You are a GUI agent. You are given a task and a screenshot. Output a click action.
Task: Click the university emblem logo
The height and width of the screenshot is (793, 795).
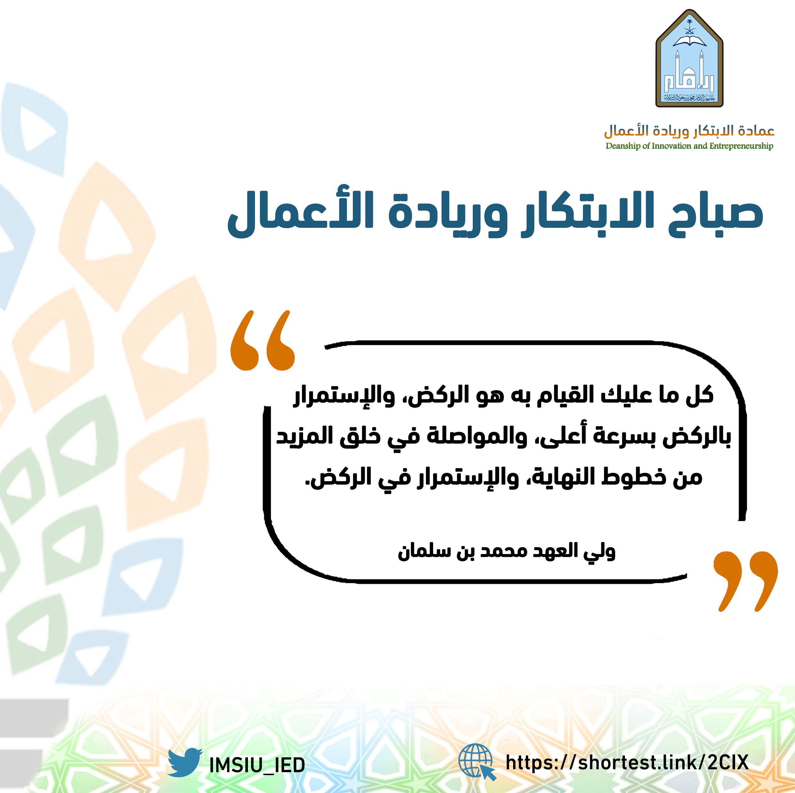click(689, 58)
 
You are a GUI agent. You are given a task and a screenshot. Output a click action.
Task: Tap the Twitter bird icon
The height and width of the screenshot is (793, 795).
click(185, 762)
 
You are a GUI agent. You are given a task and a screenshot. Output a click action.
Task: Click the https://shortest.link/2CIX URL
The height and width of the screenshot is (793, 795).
click(627, 762)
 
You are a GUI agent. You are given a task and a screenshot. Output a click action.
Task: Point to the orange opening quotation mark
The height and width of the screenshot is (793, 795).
click(263, 340)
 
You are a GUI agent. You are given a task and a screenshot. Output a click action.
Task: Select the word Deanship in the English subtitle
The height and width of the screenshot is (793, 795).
click(623, 146)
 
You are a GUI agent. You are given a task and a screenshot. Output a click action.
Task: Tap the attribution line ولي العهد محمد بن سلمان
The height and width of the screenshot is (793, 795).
click(506, 551)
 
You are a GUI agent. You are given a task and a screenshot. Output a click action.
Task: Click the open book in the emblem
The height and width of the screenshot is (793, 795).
click(689, 41)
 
